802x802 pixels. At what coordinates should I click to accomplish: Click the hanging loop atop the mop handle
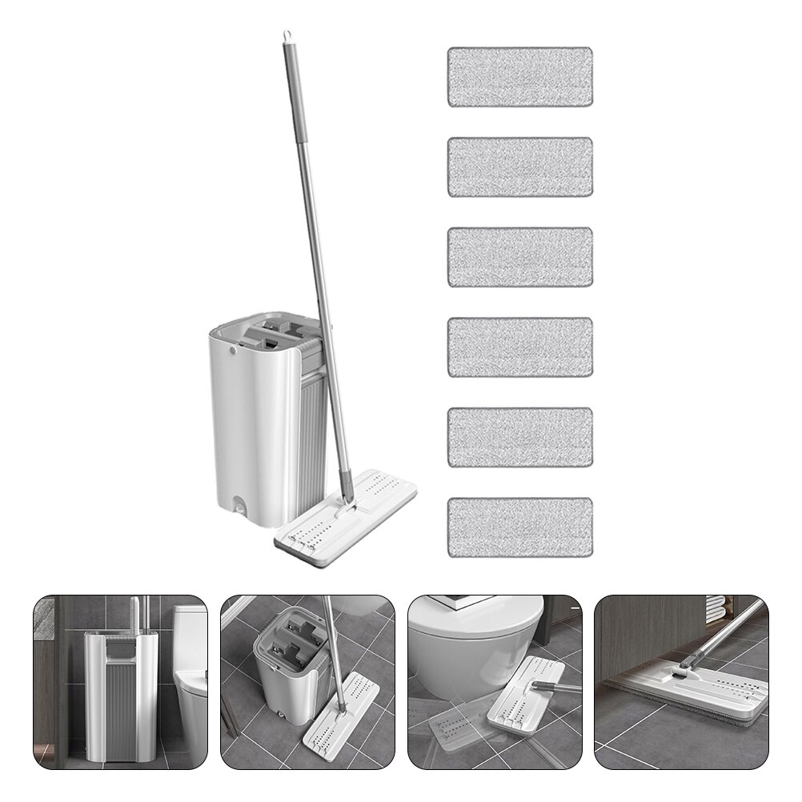[283, 38]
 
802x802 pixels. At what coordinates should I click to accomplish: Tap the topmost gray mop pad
[519, 77]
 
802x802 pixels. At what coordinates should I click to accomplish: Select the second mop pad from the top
[519, 166]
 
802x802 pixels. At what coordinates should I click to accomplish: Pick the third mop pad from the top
[519, 257]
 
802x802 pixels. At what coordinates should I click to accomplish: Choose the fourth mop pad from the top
[519, 347]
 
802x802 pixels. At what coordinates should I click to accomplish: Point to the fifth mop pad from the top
[519, 438]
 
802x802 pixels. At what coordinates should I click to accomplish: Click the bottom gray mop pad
[519, 528]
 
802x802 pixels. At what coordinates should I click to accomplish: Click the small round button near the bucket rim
[233, 350]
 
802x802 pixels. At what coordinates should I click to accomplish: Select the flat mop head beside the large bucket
[344, 519]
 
